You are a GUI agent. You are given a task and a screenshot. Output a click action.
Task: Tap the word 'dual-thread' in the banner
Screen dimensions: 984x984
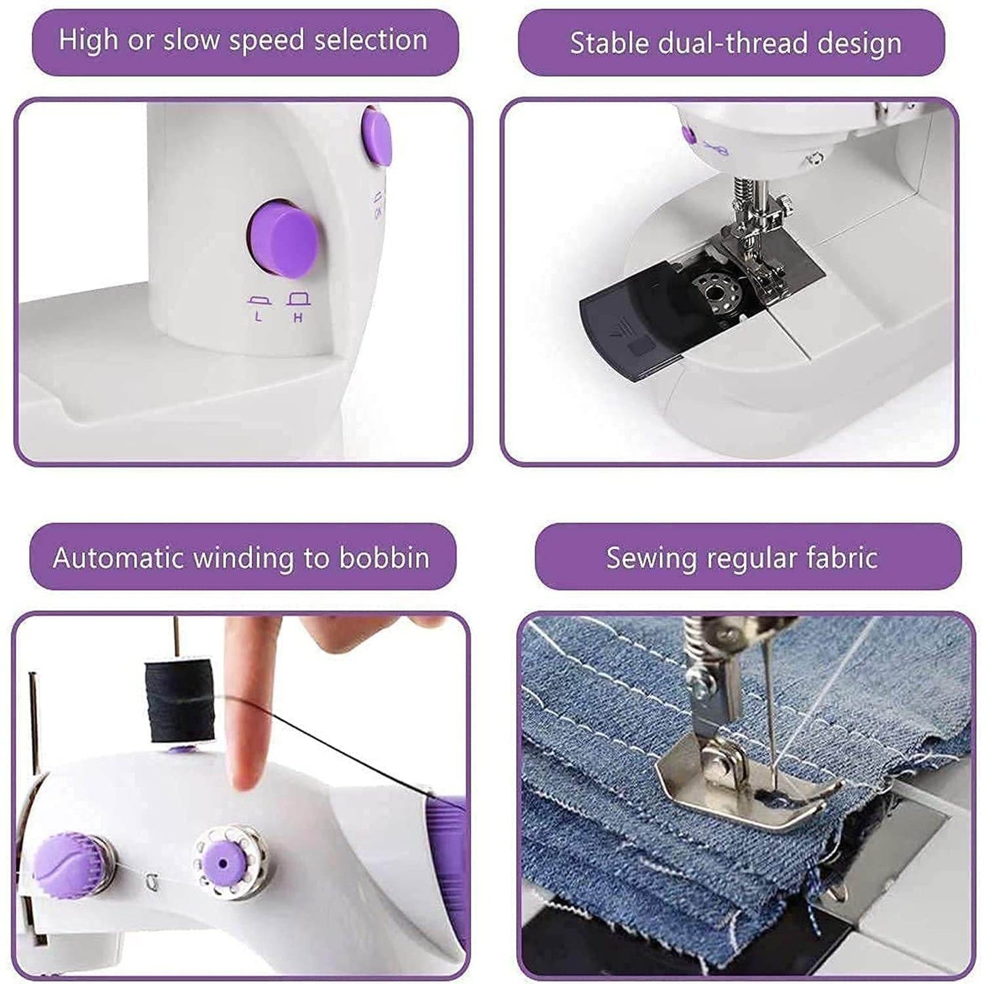click(x=734, y=44)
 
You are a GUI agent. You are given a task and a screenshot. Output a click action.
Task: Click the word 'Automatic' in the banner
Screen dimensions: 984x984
click(x=119, y=558)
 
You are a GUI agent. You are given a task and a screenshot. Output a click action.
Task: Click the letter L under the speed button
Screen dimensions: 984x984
click(x=258, y=317)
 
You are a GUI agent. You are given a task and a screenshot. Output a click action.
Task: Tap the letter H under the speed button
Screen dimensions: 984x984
click(x=298, y=317)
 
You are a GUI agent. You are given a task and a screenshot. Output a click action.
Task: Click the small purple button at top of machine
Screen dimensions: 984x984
click(x=377, y=138)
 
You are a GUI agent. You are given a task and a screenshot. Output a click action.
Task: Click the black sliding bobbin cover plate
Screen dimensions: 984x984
click(x=633, y=327)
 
